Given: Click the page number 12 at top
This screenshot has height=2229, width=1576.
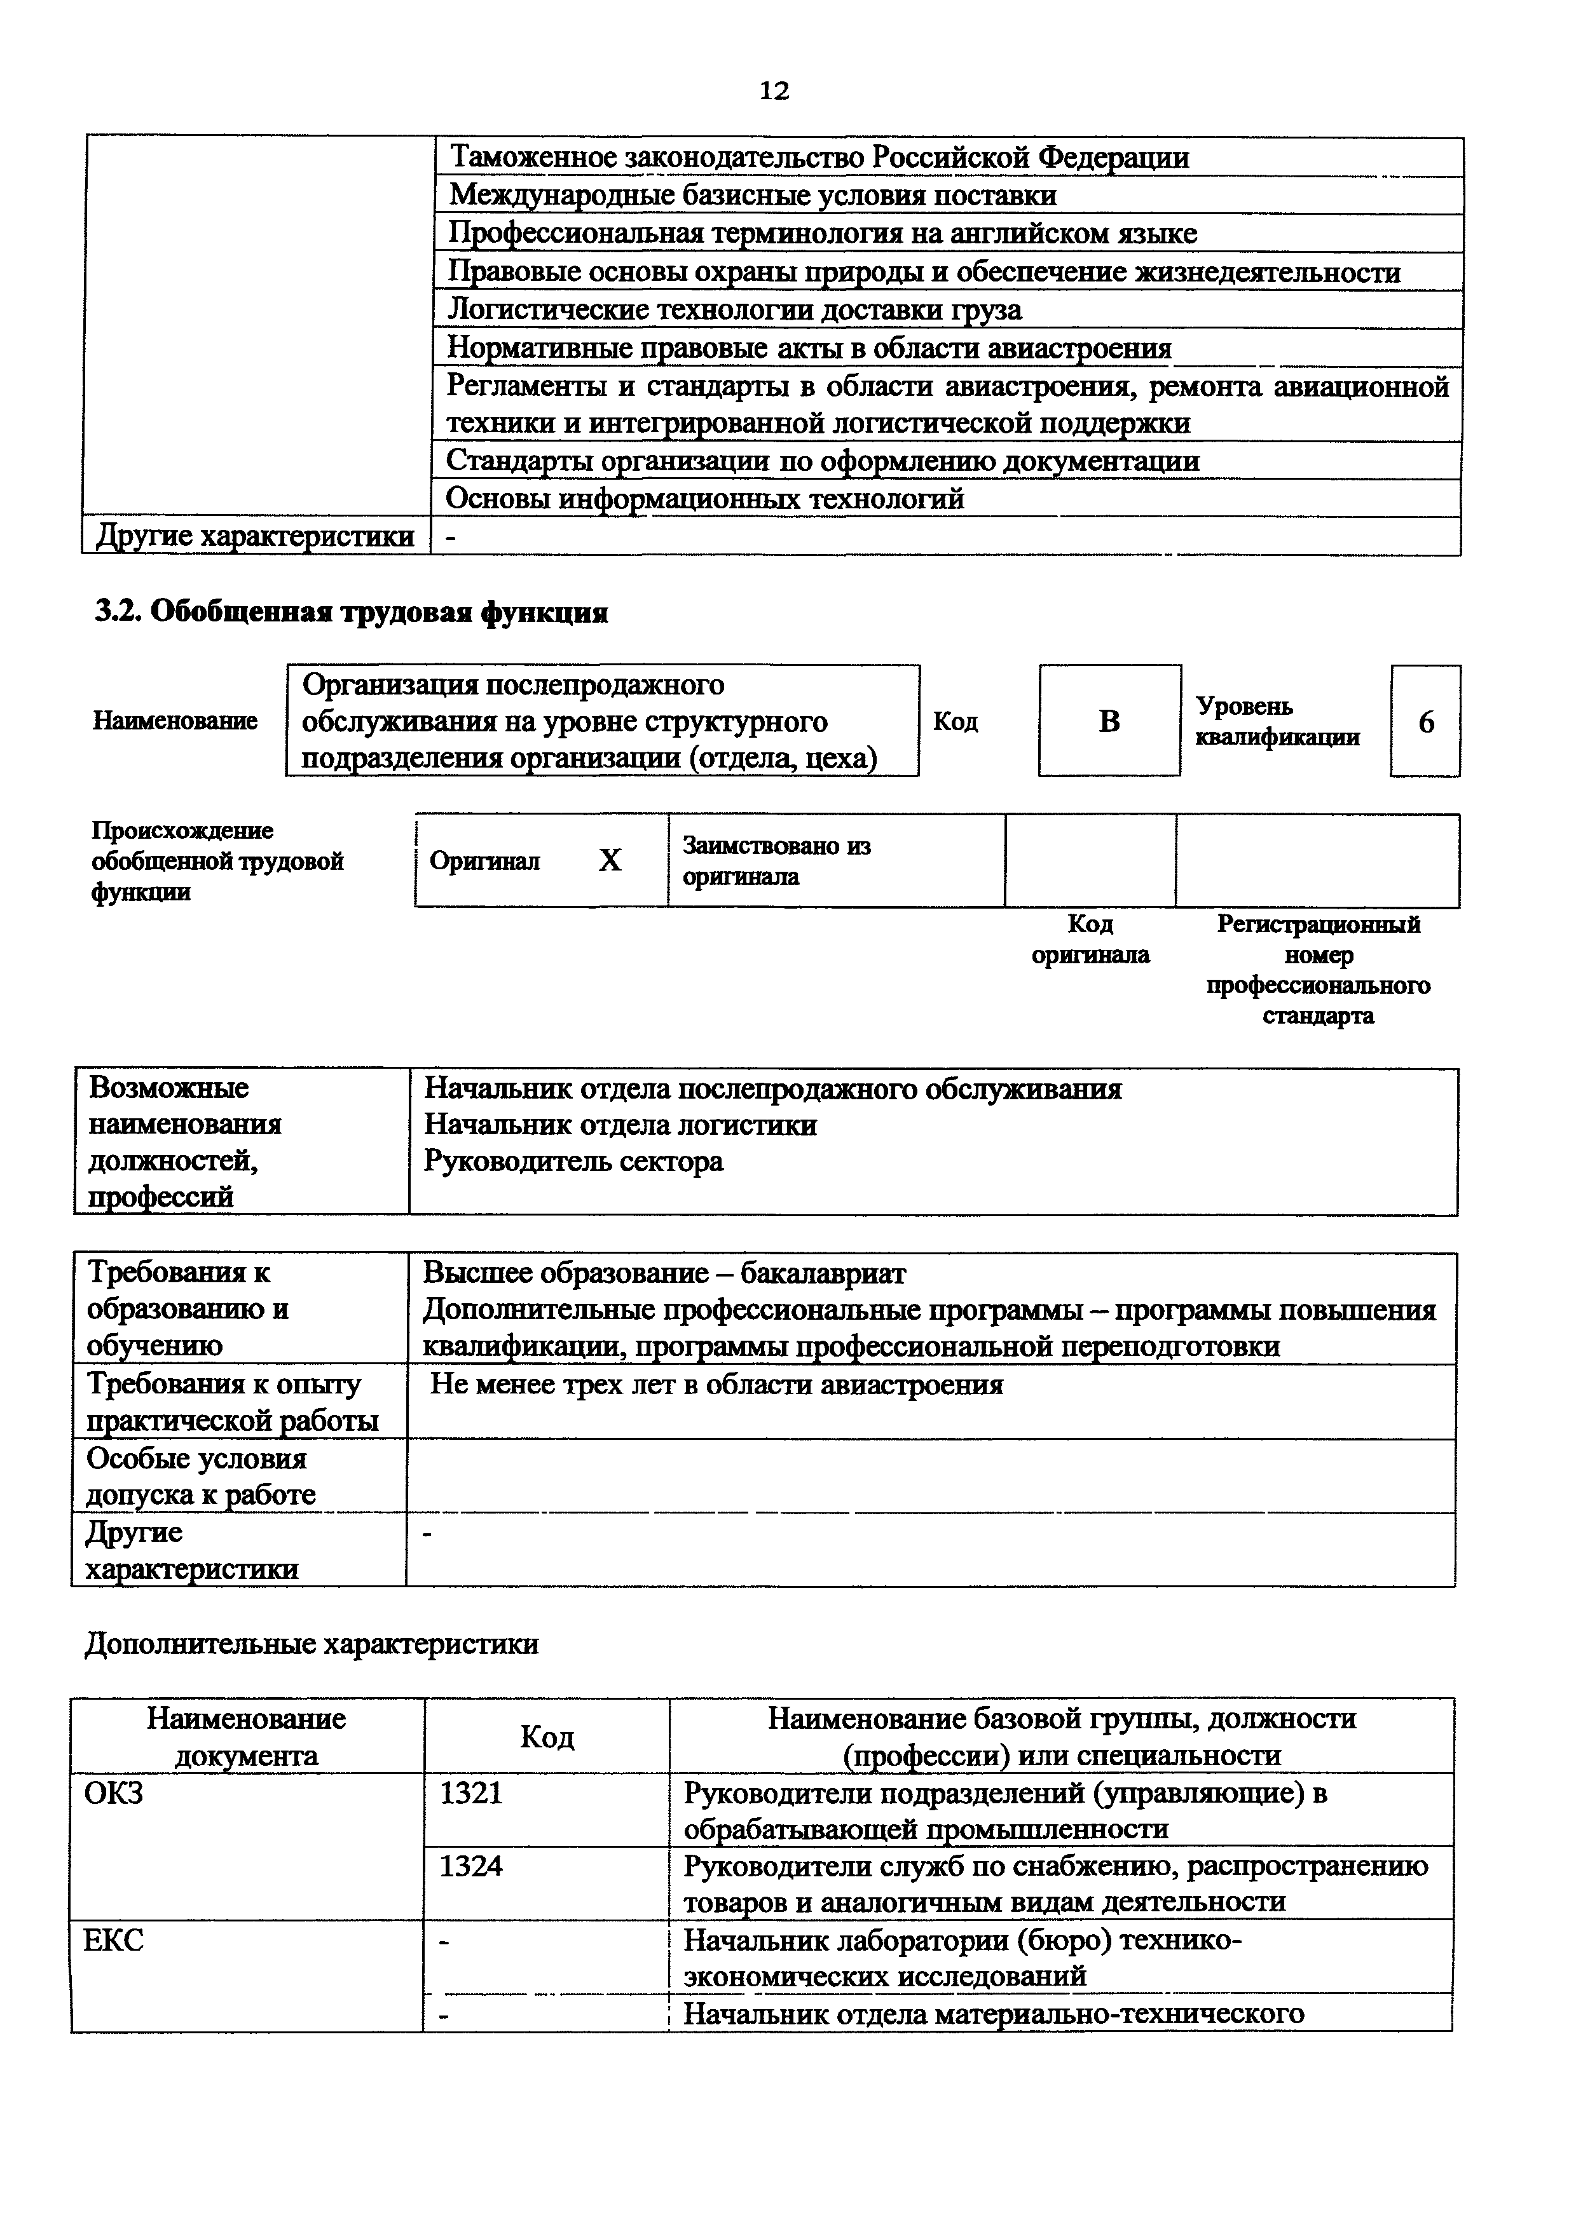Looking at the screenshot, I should (773, 91).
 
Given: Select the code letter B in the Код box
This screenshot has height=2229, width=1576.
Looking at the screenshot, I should (1109, 721).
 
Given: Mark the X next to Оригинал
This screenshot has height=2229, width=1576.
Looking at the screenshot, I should (610, 860).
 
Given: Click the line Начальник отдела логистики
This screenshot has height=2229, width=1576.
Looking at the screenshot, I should (620, 1125).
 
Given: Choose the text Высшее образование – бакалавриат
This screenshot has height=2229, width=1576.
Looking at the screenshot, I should (664, 1273).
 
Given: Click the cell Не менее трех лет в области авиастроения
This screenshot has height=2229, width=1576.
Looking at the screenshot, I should (716, 1385).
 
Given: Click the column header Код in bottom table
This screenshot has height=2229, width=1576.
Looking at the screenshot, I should (547, 1737).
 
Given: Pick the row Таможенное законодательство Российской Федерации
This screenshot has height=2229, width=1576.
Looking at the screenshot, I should (819, 158).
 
